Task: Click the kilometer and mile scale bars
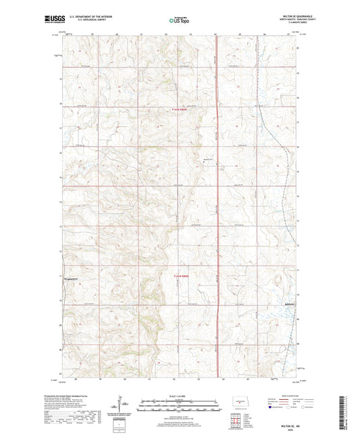179,407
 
